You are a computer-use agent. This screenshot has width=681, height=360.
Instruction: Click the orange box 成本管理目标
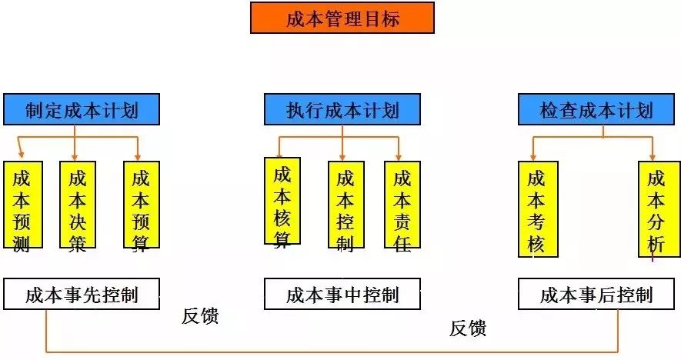coord(342,18)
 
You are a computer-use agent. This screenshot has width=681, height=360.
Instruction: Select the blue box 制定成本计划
coord(82,109)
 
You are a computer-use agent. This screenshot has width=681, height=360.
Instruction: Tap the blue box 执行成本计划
coord(342,109)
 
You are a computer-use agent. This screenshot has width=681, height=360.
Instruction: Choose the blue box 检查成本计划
coord(596,109)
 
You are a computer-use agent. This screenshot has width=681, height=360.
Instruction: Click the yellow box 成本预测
coord(23,205)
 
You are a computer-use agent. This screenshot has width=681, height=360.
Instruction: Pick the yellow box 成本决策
coord(78,205)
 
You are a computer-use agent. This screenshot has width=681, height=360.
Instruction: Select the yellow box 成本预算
coord(142,205)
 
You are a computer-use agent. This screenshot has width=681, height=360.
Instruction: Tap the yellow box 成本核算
coord(282,201)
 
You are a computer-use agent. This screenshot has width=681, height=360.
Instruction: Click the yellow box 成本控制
coord(346,205)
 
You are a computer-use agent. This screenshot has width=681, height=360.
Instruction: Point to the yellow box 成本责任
coord(402,205)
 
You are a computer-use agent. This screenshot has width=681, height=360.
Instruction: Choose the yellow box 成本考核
coord(538,209)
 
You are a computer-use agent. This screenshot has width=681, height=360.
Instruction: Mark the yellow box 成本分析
coord(659,209)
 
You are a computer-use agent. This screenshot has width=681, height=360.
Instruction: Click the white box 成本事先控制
coord(82,294)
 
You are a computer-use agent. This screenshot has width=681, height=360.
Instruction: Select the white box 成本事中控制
coord(342,294)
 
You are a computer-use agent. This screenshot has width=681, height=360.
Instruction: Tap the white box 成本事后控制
coord(596,294)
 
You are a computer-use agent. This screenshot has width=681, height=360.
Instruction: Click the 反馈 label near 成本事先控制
coord(200,315)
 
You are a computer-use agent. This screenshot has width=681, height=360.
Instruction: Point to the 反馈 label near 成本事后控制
coord(468,328)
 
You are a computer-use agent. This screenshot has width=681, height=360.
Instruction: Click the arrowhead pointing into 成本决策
coord(75,157)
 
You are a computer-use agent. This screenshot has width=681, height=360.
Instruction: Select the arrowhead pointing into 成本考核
coord(533,157)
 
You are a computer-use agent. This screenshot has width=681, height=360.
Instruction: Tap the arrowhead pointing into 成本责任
coord(399,157)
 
